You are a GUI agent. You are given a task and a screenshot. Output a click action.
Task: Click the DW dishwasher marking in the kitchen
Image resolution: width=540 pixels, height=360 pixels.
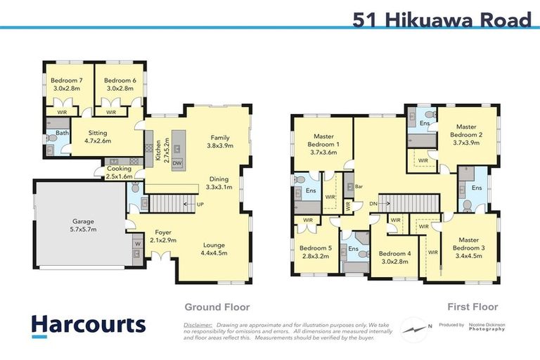point(177,162)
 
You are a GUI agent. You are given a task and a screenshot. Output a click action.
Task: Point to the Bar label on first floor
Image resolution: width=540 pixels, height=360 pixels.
point(359,187)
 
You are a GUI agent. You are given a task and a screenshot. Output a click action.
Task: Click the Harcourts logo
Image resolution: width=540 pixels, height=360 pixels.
point(89,325)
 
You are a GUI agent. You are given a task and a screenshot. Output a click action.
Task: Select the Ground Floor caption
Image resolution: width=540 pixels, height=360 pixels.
point(217,307)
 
